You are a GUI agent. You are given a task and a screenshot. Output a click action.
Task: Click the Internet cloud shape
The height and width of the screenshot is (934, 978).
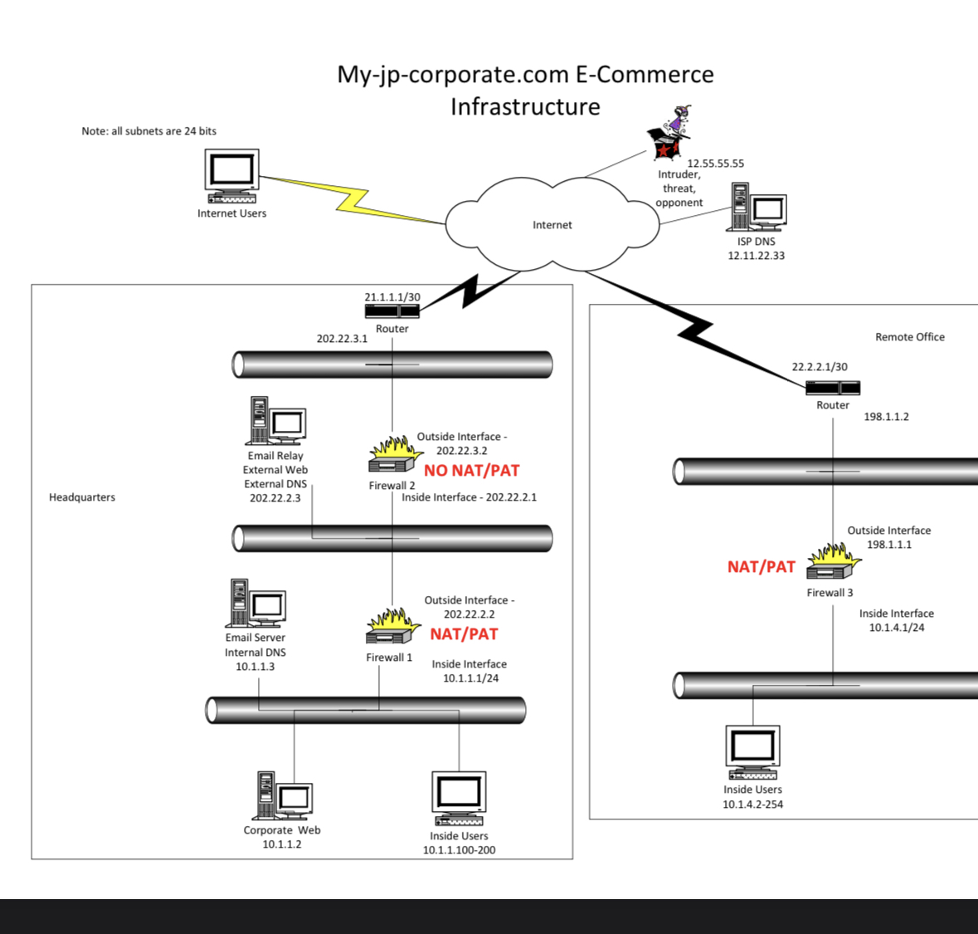552,224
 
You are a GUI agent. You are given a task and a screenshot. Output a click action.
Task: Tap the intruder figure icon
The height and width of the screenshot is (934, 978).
669,132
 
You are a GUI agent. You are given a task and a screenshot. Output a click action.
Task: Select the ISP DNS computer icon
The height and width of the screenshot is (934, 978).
757,207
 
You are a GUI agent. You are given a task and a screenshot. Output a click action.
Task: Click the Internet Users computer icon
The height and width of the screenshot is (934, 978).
231,175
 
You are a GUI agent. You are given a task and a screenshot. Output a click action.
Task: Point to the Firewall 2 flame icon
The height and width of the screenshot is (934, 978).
392,455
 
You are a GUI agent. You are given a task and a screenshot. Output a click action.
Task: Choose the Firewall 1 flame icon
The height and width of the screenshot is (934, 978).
390,627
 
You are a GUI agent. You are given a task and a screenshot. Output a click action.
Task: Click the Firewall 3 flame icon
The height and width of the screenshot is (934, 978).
833,562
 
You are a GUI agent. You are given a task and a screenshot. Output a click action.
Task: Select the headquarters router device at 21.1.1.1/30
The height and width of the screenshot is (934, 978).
392,311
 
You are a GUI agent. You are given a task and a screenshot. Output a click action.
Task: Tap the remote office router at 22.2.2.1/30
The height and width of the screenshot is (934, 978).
833,388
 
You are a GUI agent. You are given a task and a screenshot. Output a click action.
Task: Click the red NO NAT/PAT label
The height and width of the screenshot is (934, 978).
471,471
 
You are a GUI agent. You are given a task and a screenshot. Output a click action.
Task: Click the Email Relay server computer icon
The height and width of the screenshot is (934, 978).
275,421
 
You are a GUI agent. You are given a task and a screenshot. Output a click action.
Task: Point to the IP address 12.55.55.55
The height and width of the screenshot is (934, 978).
715,164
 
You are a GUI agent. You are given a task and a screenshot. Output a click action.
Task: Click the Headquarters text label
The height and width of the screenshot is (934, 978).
82,497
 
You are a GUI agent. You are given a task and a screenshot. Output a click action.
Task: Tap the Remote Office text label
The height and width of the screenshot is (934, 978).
910,337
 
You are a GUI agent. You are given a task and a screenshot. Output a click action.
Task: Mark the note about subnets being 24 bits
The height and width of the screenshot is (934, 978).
148,131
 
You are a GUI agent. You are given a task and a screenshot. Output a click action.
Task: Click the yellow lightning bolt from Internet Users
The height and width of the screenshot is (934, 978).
353,199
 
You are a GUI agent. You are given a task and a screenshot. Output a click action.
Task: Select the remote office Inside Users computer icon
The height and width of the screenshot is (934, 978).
752,751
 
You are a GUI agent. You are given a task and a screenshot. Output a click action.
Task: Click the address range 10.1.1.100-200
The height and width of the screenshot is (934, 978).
459,850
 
